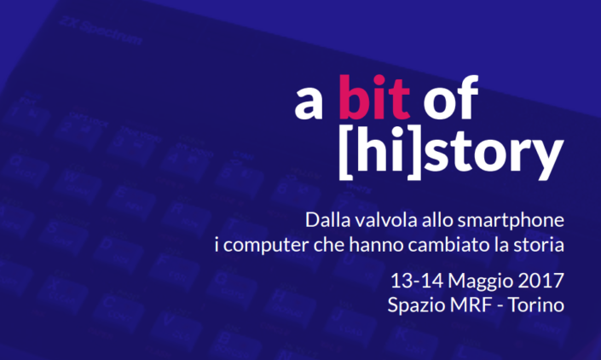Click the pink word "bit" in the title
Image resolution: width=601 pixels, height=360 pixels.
click(374, 97)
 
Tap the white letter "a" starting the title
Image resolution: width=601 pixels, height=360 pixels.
click(309, 104)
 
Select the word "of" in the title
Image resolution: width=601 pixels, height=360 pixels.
click(451, 97)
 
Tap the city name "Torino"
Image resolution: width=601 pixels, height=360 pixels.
click(536, 305)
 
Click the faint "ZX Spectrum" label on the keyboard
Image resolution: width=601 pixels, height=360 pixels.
click(101, 32)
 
